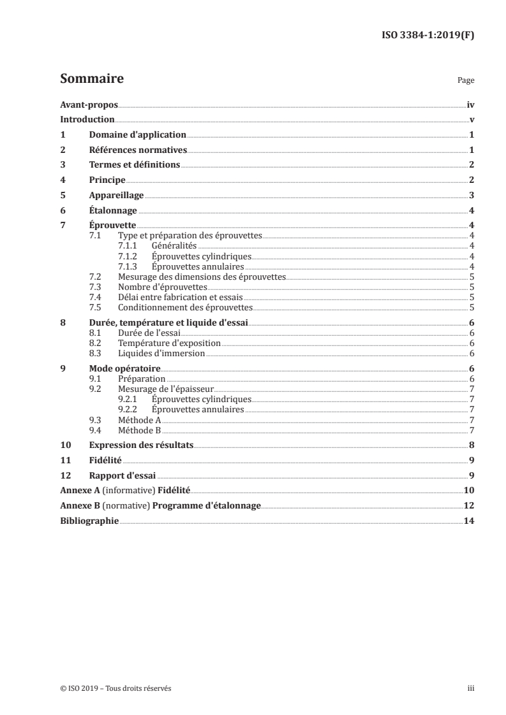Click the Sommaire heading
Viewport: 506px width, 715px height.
pyautogui.click(x=91, y=80)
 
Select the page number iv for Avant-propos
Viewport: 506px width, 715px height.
pyautogui.click(x=470, y=105)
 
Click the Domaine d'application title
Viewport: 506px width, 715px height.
pyautogui.click(x=137, y=134)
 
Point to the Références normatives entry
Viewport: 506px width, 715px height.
pyautogui.click(x=137, y=150)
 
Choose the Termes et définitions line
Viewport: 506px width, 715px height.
pyautogui.click(x=135, y=165)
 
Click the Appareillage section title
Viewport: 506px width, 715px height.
pyautogui.click(x=116, y=196)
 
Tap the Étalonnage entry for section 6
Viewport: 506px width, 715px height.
pyautogui.click(x=113, y=211)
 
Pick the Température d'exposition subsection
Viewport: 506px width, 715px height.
pyautogui.click(x=169, y=343)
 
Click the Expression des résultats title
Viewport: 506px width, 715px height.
pyautogui.click(x=141, y=445)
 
